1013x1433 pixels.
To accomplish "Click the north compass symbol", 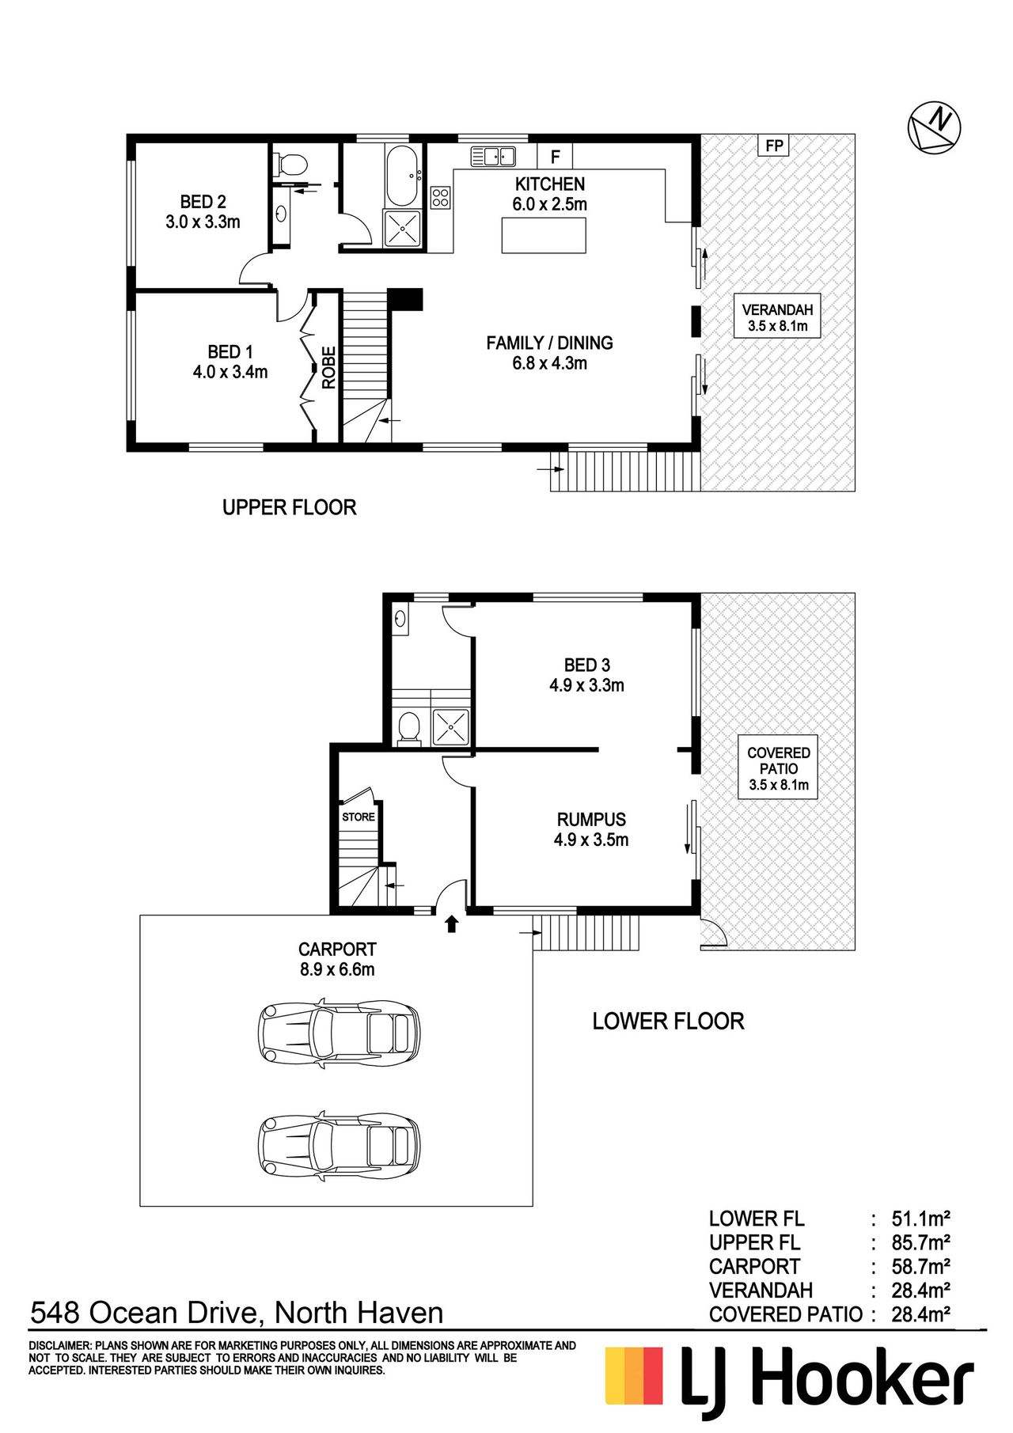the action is (x=934, y=127).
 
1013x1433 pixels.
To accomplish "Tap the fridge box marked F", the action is (x=555, y=156).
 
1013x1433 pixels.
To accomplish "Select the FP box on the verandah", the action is (x=774, y=146).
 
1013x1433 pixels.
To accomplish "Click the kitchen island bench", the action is (x=544, y=235).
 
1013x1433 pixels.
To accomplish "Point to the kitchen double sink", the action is (x=493, y=156).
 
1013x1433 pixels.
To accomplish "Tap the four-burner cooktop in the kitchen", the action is (x=441, y=197).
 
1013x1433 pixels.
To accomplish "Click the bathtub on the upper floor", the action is (x=404, y=174).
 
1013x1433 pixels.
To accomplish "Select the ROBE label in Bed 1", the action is (x=328, y=367).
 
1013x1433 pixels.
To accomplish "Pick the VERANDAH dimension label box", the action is (x=777, y=317).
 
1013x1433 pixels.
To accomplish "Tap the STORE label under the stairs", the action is (x=359, y=817).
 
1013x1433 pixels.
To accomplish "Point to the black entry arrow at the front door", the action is (x=452, y=923).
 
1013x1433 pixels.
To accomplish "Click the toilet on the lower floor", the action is (x=409, y=728).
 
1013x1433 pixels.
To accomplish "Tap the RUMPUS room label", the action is (x=591, y=820).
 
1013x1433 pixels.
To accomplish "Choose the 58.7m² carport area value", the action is (x=920, y=1267).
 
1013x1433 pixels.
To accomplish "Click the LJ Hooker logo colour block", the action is (x=634, y=1375).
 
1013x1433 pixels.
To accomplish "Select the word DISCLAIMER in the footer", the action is (x=60, y=1345).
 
